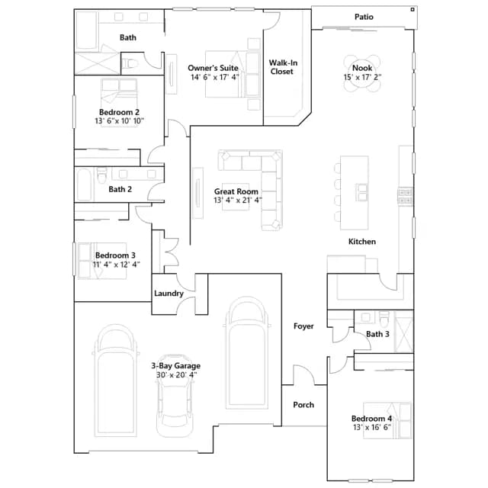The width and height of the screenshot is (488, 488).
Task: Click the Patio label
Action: [x=364, y=17]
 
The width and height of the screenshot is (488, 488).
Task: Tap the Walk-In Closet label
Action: [x=283, y=67]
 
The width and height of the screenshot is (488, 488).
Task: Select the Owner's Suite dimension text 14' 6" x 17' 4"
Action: [x=215, y=77]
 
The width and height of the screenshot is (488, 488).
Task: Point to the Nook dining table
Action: [x=362, y=73]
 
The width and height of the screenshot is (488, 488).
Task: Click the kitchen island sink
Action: [x=361, y=192]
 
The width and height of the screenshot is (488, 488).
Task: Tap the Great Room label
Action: [x=236, y=191]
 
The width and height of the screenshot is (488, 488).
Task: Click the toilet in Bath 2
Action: [x=101, y=175]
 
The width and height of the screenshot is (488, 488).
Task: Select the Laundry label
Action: [x=169, y=294]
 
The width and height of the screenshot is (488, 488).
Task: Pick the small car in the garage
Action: [x=174, y=396]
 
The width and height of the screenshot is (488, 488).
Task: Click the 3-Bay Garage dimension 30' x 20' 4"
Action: [x=176, y=375]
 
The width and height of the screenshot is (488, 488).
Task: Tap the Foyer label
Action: [x=303, y=326]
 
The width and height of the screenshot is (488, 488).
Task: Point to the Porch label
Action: [x=303, y=405]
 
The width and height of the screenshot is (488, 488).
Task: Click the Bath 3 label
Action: [x=377, y=334]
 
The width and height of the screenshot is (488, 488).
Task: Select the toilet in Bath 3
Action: [x=384, y=318]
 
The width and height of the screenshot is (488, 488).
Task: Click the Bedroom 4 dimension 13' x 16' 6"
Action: [x=372, y=427]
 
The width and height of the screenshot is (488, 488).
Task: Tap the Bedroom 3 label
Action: [x=115, y=255]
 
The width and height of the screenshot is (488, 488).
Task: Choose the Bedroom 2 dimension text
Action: [x=119, y=121]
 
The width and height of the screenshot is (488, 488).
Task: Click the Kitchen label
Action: [x=362, y=242]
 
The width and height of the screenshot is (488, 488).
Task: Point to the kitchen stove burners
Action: [x=406, y=197]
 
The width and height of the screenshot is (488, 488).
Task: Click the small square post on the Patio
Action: [x=413, y=10]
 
